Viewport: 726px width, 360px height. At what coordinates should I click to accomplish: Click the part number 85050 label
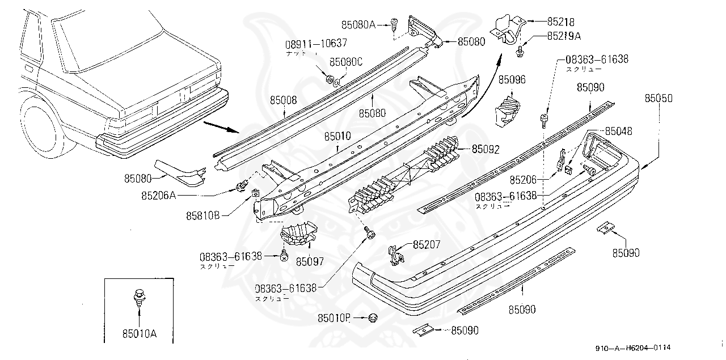click(659, 98)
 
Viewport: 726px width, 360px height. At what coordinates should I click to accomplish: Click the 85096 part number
click(512, 80)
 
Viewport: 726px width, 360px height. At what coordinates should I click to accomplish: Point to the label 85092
click(486, 150)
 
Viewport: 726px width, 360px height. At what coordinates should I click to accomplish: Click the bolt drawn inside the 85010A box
click(138, 298)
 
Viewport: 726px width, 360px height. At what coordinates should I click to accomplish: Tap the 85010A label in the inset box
click(138, 334)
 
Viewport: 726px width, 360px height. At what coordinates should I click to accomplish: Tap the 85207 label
click(427, 245)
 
